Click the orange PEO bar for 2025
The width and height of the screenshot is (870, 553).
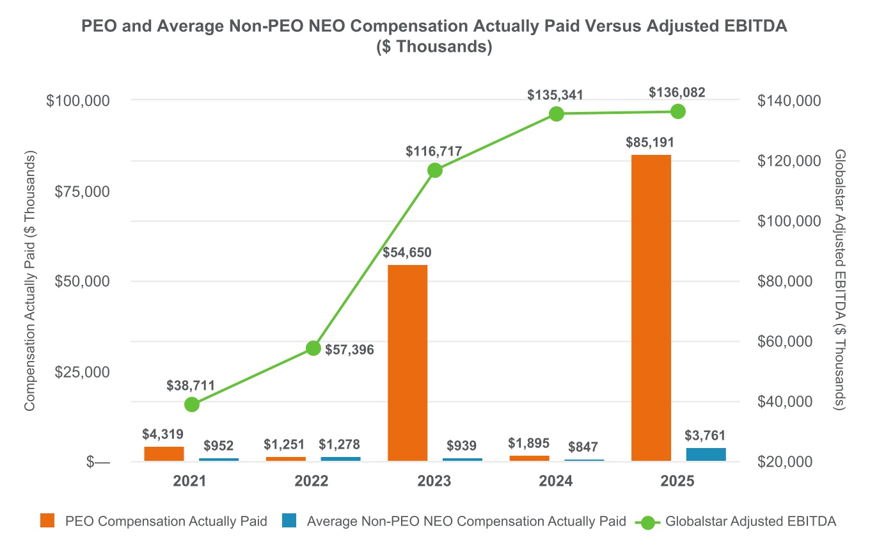pyautogui.click(x=651, y=308)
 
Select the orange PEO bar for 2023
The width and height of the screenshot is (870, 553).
pyautogui.click(x=407, y=363)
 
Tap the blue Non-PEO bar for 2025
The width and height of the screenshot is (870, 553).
pyautogui.click(x=706, y=454)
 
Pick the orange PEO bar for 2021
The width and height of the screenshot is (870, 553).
pyautogui.click(x=164, y=453)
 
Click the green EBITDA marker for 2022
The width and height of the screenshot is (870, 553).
pyautogui.click(x=313, y=348)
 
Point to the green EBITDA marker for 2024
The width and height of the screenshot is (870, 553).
pyautogui.click(x=556, y=114)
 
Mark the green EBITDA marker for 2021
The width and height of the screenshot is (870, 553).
pyautogui.click(x=191, y=405)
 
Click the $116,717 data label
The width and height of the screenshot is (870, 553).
pyautogui.click(x=434, y=152)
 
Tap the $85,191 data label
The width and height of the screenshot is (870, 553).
pyautogui.click(x=651, y=142)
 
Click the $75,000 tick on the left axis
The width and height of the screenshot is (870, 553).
pyautogui.click(x=79, y=191)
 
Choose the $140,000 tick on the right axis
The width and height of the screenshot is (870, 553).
pyautogui.click(x=788, y=100)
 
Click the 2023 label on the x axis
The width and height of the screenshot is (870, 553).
pyautogui.click(x=434, y=481)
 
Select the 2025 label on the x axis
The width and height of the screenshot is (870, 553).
pyautogui.click(x=677, y=481)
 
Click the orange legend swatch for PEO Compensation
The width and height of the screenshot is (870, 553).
pyautogui.click(x=47, y=521)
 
